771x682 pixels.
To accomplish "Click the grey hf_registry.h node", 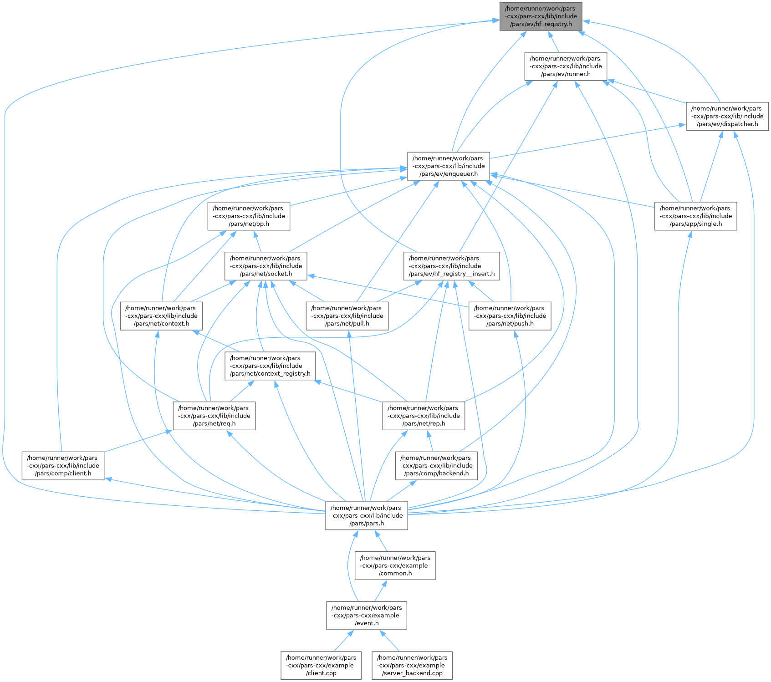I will coord(541,16).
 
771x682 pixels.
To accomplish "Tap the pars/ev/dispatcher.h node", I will coord(727,116).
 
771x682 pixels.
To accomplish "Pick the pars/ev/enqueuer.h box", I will coord(449,166).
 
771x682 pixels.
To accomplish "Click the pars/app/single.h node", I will coord(695,216).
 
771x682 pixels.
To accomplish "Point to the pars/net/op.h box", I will coord(249,216).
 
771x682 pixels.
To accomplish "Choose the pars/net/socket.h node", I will coord(266,266).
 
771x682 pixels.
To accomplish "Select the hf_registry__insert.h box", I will coord(451,266).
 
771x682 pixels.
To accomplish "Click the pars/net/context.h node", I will coord(161,316).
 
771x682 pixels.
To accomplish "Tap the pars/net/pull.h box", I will coord(347,316).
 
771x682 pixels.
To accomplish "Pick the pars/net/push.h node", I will coord(510,316).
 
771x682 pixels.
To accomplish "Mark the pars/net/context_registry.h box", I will coord(270,366).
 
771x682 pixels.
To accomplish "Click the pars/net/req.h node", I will coord(214,416).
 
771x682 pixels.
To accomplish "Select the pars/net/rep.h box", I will coord(424,416).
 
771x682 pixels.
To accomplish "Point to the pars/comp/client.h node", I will coord(63,466).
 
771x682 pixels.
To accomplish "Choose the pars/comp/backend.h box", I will coord(436,466).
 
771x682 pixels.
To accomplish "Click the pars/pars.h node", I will coord(367,516).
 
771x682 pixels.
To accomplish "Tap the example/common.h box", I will coord(395,566).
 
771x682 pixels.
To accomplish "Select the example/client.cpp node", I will coord(321,666).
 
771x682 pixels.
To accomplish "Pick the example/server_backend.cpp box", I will coord(412,666).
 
